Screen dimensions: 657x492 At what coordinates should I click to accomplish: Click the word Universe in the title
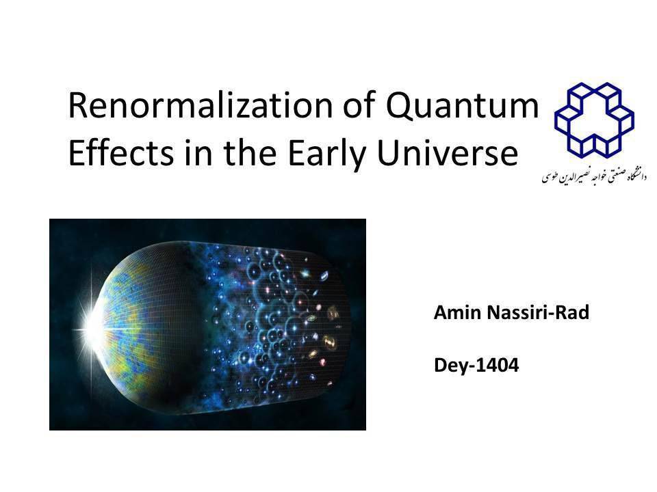(x=448, y=152)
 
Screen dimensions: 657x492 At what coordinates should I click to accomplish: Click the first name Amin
(x=457, y=312)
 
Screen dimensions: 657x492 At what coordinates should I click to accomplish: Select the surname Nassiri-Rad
(x=538, y=312)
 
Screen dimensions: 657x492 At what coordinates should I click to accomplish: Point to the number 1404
(x=498, y=365)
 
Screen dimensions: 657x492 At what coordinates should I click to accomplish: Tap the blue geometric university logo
(x=594, y=120)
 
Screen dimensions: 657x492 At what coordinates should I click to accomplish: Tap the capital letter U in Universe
(x=389, y=152)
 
